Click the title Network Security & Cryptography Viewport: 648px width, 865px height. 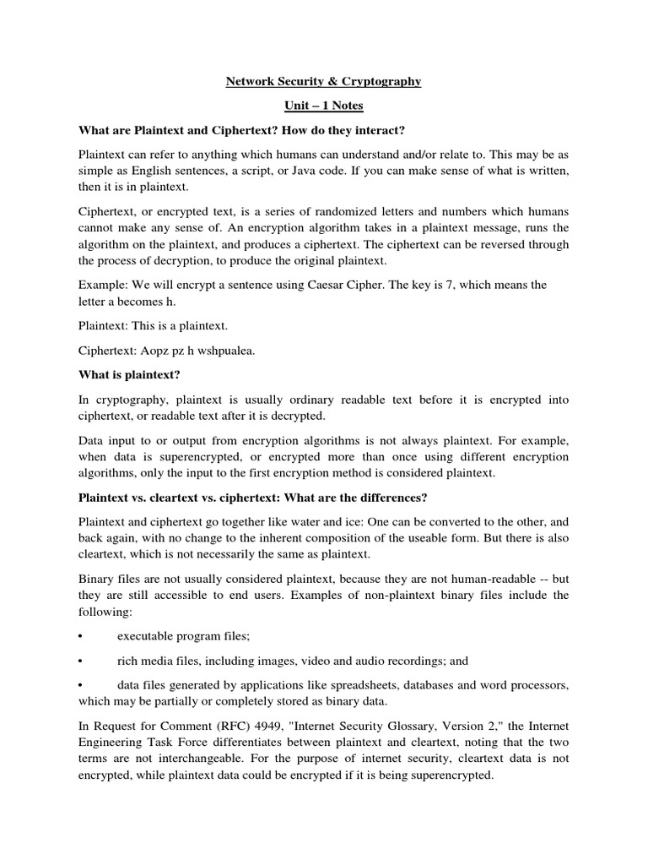(x=324, y=82)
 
